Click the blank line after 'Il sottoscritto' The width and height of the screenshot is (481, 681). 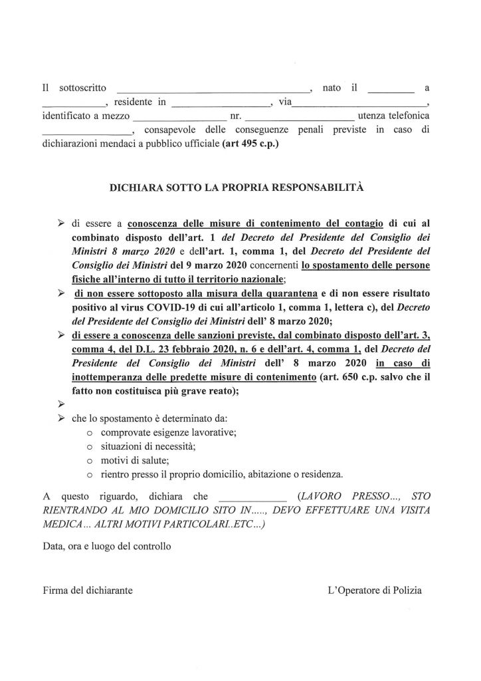(x=213, y=88)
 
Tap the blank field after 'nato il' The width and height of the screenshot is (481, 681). (x=390, y=88)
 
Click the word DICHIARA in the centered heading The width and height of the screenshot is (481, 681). (x=136, y=189)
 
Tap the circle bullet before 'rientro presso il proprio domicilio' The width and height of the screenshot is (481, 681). (x=89, y=475)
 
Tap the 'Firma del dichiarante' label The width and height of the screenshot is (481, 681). (x=87, y=590)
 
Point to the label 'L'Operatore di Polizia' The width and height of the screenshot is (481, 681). (x=374, y=590)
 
